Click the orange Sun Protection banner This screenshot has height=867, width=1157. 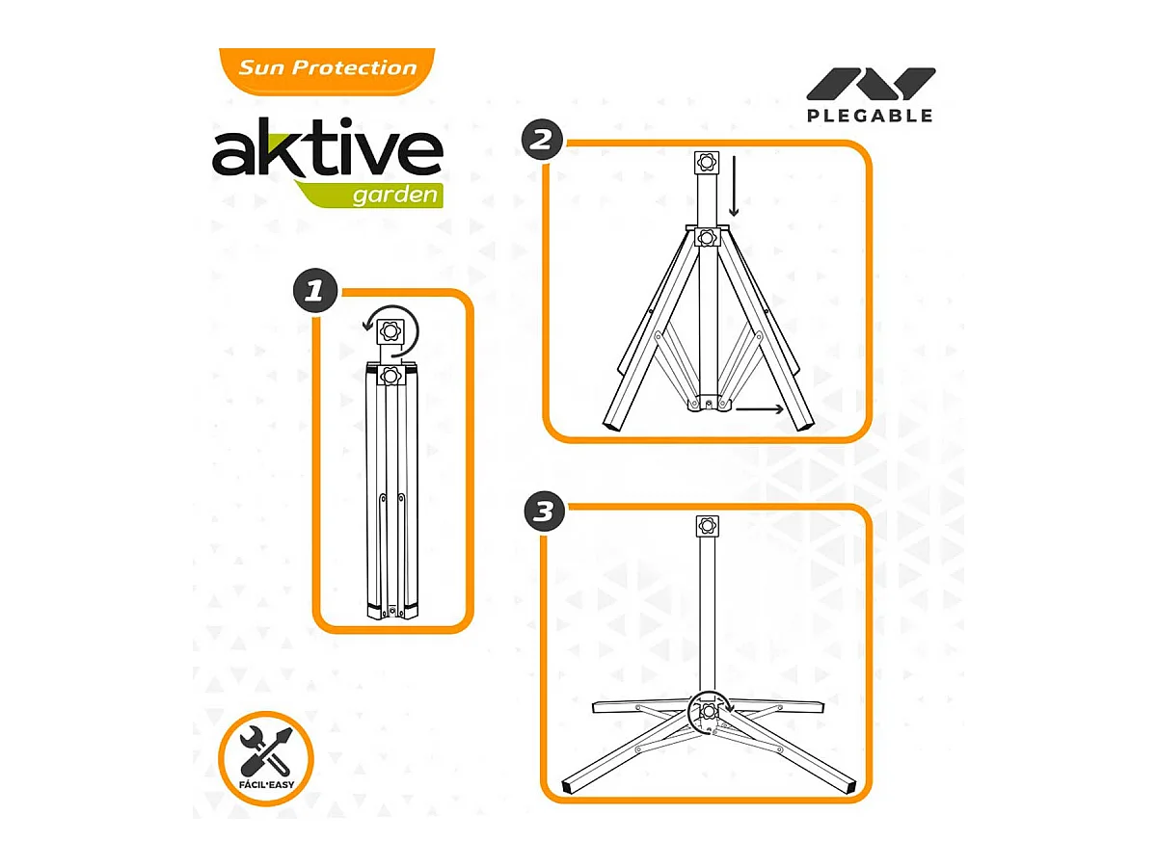coord(327,68)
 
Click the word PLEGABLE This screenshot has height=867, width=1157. coord(870,116)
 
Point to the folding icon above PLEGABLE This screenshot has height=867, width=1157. coord(870,84)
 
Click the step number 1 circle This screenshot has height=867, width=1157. coord(314,291)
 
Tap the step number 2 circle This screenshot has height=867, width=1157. coord(542,142)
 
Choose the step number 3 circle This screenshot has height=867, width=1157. coord(544,512)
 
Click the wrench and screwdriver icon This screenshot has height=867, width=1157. coord(265,752)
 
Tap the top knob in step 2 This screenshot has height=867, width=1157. coord(707,164)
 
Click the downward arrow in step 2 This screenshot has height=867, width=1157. coord(735,197)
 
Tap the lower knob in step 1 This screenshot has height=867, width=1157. coord(390,374)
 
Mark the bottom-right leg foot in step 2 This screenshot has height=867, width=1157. coord(805,423)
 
